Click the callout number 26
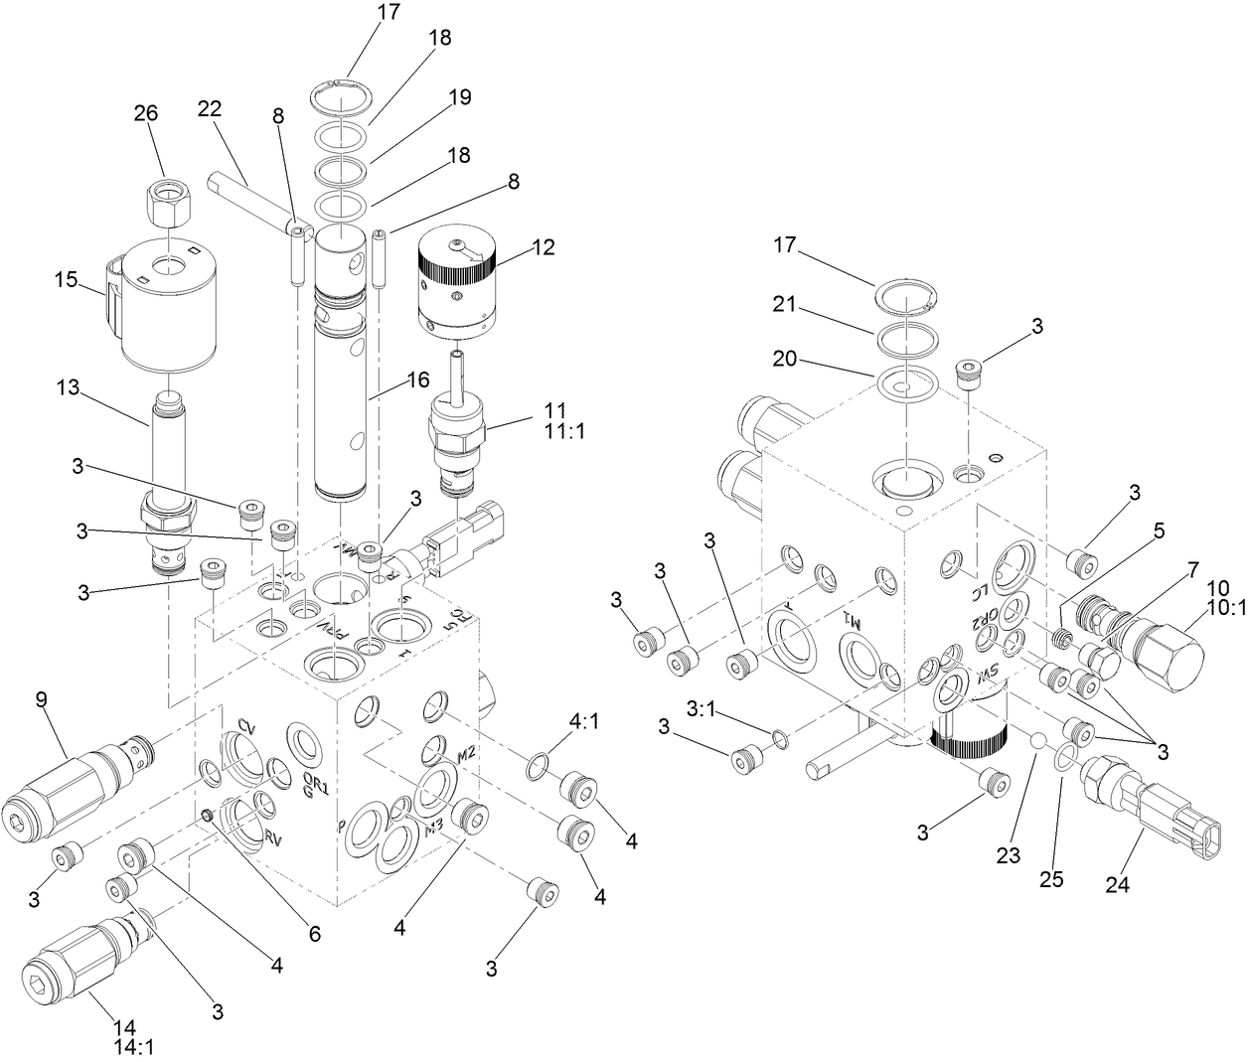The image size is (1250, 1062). click(x=146, y=113)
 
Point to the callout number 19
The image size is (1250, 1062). click(x=458, y=96)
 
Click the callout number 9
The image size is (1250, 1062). click(x=42, y=700)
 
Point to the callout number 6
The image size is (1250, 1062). click(x=314, y=934)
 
